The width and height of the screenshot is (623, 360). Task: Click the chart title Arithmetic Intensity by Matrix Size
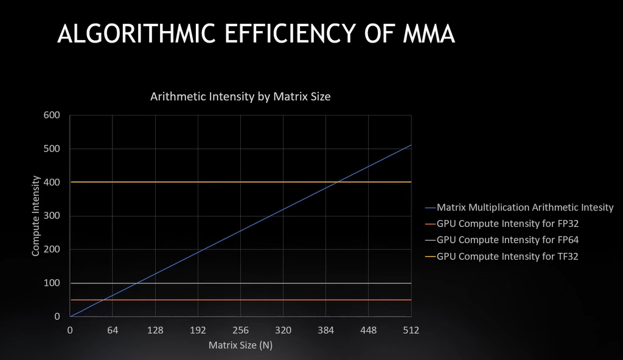tap(240, 96)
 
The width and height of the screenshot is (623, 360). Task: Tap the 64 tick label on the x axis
tap(113, 330)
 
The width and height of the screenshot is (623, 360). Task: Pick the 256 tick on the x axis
tap(240, 330)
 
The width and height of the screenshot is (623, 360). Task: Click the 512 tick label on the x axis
tap(411, 330)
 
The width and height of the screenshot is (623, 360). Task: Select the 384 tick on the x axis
tap(325, 330)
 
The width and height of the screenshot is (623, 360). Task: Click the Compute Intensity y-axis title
tap(36, 216)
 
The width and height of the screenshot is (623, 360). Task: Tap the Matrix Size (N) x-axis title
tap(240, 345)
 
